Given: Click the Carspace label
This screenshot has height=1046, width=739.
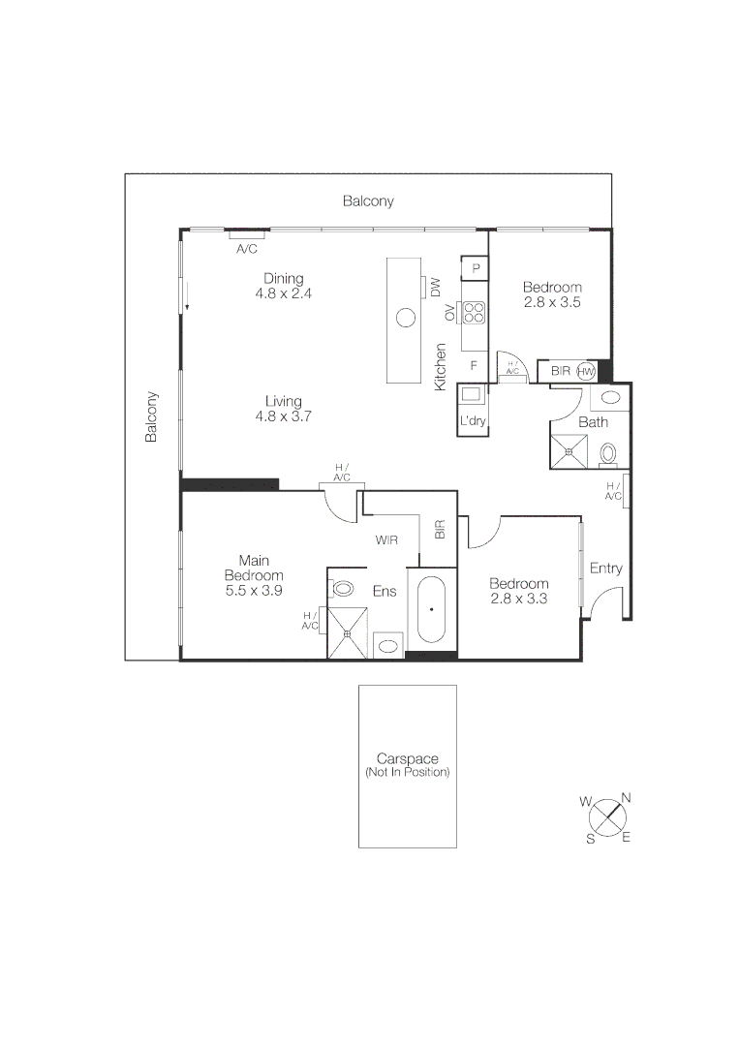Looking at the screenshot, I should pos(407,760).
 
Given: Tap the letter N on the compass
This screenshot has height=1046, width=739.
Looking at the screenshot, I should pos(626,797).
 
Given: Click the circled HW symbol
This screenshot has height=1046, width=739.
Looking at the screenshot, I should pos(585,371).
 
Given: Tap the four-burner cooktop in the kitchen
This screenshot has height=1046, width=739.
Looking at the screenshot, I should pos(475,312).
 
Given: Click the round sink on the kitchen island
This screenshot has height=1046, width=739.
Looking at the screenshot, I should pos(407,317).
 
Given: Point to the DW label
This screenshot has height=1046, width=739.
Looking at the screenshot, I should pos(436,287).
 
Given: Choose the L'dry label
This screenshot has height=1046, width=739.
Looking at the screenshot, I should pos(473,421).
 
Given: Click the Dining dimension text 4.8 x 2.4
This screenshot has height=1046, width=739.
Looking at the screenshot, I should pos(283,292).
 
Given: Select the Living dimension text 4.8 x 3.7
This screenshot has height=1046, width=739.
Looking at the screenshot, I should pos(283,416).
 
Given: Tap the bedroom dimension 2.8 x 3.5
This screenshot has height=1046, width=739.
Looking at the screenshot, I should pos(552,302).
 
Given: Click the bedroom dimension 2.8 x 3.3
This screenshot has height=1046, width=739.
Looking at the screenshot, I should pos(518,599).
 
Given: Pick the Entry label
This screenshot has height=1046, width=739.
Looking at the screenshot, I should pos(606,569).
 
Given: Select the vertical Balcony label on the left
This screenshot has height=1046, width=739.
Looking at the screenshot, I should pos(151,417).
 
